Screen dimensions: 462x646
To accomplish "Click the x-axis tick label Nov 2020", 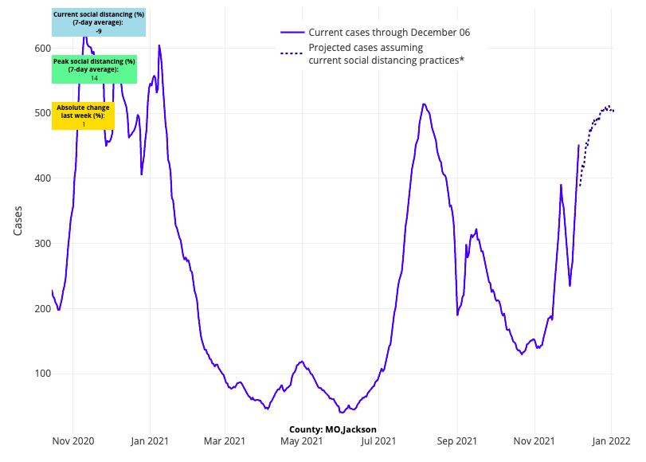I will pos(73,440).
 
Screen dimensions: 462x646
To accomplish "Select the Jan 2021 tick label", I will pos(148,440).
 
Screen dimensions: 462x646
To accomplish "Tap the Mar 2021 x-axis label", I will pos(224,440).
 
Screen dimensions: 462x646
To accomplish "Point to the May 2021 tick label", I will pos(301,440).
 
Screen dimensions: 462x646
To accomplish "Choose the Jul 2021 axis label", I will pos(380,440).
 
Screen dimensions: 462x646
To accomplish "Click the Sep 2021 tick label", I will pos(457,440).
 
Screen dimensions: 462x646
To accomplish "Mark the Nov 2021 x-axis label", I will pos(534,440).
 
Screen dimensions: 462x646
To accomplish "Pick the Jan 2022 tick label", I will pos(611,440).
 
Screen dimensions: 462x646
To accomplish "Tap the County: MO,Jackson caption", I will pos(333,429).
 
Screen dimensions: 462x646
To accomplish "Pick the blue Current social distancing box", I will pos(99,22).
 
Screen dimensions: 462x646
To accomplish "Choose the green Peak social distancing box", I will pos(94,69).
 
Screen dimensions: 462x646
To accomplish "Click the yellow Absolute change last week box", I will pos(83,115).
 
